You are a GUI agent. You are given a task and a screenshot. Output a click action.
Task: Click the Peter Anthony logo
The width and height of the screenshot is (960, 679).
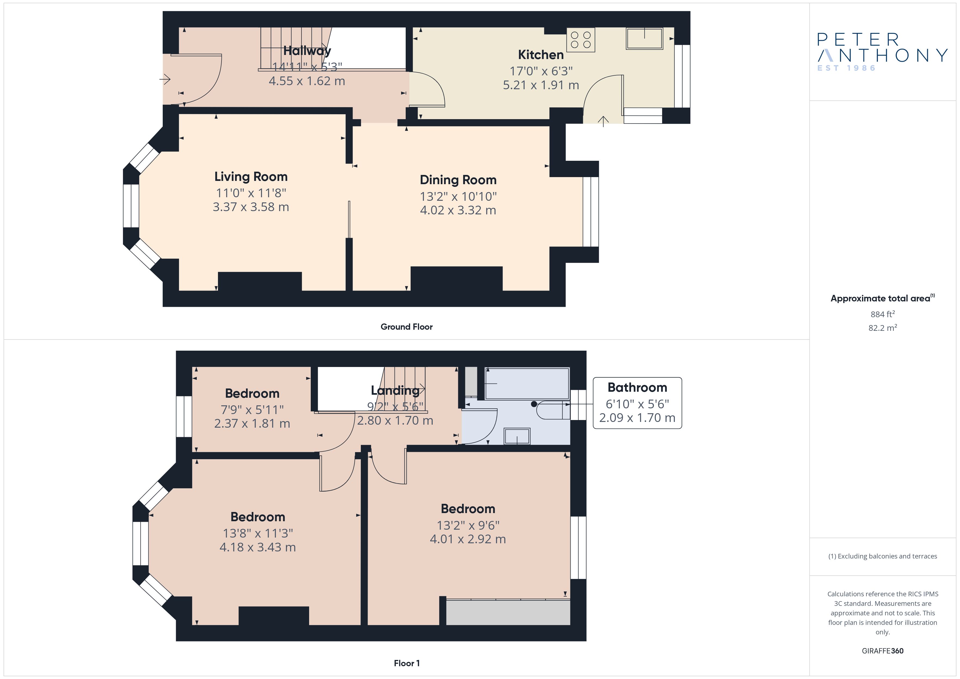pos(882,52)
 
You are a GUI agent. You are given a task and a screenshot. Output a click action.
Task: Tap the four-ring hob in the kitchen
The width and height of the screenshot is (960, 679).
pos(581,40)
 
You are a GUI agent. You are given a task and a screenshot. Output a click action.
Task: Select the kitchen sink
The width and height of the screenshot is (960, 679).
pos(644,38)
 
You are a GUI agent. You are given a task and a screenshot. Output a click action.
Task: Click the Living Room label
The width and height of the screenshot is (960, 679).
pos(251,177)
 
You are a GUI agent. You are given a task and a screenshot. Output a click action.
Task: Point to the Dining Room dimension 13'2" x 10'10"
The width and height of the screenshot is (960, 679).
pos(458,196)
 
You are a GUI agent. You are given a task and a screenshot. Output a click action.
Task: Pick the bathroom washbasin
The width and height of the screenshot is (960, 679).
pos(517,436)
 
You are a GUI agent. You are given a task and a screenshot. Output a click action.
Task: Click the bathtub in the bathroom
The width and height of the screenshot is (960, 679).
pos(527,383)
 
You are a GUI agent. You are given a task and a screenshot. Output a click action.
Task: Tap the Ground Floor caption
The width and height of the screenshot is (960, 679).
pos(407,327)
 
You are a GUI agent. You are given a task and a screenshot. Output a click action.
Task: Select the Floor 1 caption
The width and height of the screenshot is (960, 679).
pos(407,663)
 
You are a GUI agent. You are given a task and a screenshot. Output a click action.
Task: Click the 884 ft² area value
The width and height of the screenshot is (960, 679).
pos(883,314)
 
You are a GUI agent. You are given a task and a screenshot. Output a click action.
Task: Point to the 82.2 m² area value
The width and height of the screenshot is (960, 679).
pos(883,328)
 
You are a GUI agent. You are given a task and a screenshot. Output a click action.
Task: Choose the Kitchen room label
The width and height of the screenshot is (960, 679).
pos(541,55)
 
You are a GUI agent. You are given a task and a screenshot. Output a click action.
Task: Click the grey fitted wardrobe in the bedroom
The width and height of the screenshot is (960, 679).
pos(508,613)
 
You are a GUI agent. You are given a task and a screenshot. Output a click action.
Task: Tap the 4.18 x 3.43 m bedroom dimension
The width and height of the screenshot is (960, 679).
pos(258,547)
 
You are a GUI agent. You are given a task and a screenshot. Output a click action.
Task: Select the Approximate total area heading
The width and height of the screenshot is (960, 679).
pos(882,298)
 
